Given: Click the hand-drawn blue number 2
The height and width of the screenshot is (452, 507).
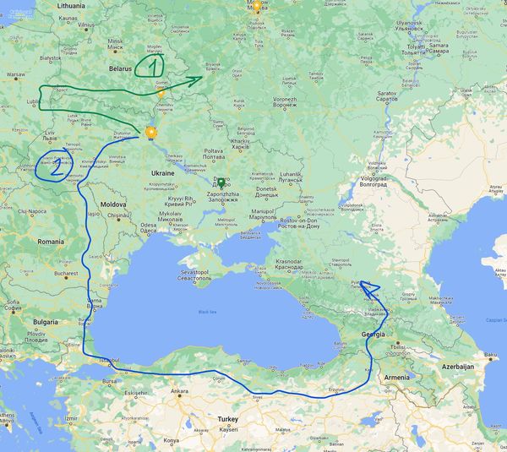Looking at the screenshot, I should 57,167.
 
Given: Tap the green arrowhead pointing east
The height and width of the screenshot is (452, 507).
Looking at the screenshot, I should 197,80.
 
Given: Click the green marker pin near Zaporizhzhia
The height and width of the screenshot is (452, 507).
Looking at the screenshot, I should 221,182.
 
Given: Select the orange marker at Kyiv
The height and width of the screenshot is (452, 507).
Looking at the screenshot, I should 151,132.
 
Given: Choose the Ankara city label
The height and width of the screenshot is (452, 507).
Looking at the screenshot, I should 179,391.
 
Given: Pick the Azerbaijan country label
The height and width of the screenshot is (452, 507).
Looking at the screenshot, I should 455,367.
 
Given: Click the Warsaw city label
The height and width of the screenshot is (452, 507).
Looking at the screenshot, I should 17,74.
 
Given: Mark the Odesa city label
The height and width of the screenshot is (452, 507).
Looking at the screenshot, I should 149,225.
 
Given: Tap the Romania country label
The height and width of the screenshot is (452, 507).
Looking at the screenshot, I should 51,241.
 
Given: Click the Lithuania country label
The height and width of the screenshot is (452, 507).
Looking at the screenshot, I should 72,5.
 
